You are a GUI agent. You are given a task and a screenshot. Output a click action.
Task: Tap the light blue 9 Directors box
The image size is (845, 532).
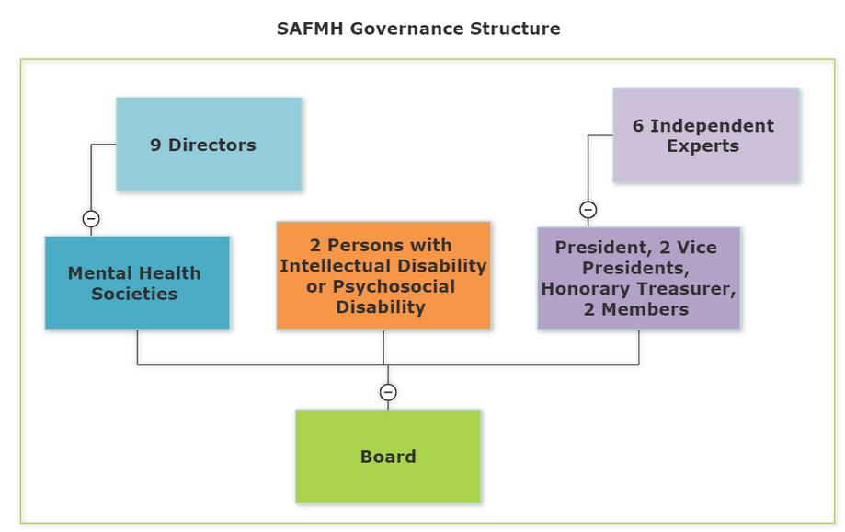[x=209, y=145]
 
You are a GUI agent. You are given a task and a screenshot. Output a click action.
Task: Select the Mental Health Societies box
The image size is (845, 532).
[x=137, y=283]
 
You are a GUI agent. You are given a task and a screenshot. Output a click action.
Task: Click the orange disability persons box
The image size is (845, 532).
[x=383, y=275]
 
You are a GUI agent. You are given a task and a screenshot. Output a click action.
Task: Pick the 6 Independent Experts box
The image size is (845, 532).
[x=706, y=135]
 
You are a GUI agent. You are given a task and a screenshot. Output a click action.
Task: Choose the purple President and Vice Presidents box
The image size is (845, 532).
[x=638, y=278]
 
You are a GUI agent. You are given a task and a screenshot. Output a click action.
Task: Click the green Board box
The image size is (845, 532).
[x=388, y=457]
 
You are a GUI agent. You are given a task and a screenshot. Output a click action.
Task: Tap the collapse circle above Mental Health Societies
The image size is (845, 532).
[x=91, y=219]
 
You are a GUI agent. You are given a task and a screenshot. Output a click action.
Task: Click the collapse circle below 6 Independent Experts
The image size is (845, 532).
[x=588, y=210]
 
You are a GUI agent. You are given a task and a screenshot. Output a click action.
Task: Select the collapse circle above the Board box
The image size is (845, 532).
[x=388, y=393]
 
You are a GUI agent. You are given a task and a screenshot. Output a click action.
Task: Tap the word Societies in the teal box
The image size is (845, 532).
[x=135, y=295]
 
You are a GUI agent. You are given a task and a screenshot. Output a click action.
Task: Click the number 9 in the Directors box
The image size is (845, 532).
[x=156, y=145]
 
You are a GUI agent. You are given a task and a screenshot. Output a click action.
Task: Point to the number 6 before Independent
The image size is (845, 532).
[x=638, y=125]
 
